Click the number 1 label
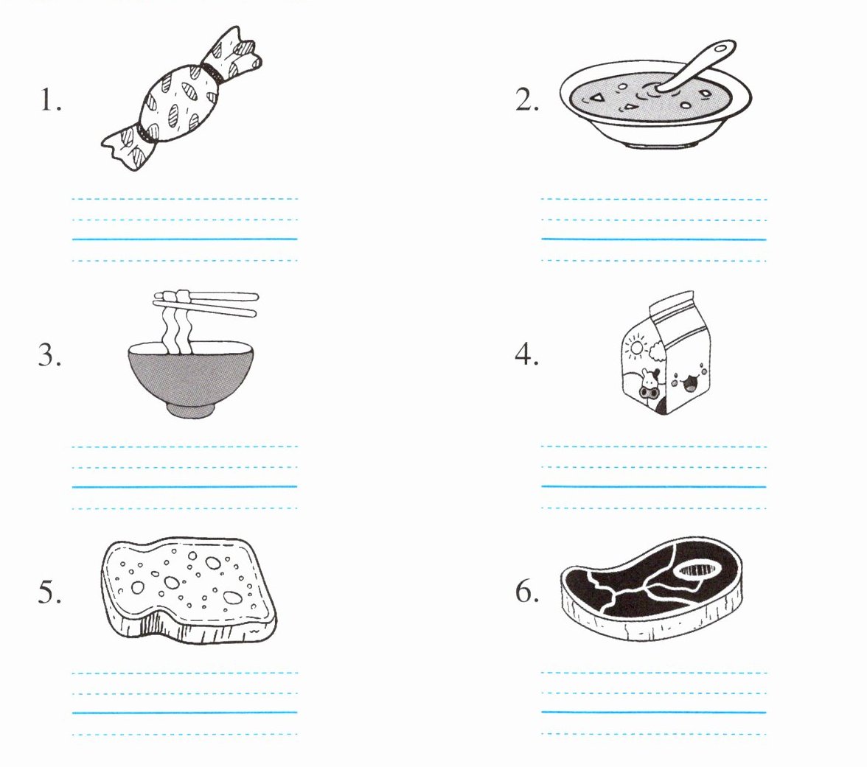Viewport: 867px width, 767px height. click(x=50, y=101)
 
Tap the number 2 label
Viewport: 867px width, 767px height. click(x=527, y=100)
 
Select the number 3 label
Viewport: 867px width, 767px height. click(x=50, y=355)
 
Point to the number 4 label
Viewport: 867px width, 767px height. click(x=526, y=354)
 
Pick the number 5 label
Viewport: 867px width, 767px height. click(x=50, y=592)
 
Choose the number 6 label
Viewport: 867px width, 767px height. click(x=527, y=591)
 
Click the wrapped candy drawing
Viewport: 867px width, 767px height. click(x=181, y=99)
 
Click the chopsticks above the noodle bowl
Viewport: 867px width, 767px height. click(x=206, y=304)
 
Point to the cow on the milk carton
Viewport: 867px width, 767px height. click(x=648, y=383)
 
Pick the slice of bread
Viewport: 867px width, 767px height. click(x=189, y=589)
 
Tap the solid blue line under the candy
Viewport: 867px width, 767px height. click(x=184, y=239)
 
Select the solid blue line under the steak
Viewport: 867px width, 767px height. click(x=653, y=712)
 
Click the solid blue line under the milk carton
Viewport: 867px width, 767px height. click(x=653, y=487)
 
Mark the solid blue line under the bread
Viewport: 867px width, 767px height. click(x=184, y=713)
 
